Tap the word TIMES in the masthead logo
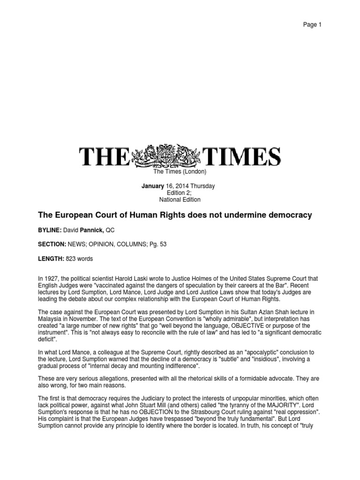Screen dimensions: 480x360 click(241, 157)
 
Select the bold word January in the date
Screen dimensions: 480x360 click(153, 186)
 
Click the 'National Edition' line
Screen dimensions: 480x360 click(180, 200)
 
